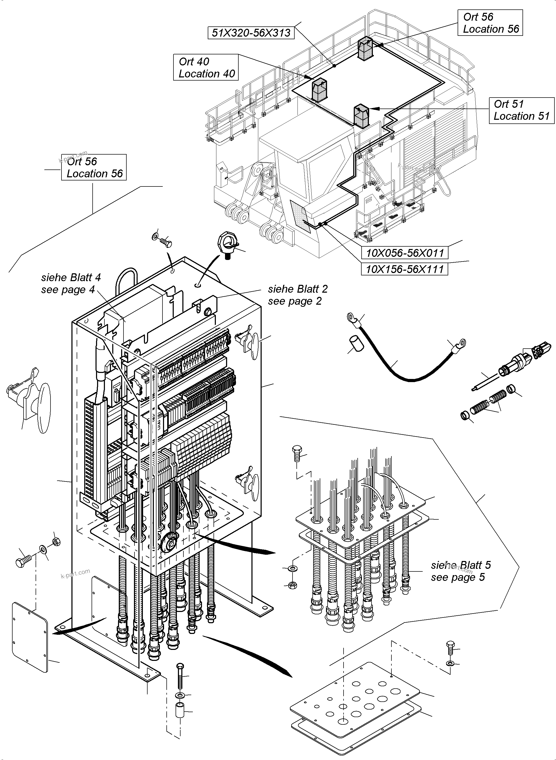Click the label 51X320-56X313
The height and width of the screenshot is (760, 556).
[251, 33]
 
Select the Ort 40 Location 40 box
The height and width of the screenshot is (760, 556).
[206, 67]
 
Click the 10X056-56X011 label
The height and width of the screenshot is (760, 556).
[405, 253]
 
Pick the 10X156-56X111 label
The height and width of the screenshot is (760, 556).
[405, 269]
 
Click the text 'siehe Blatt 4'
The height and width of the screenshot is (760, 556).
[71, 277]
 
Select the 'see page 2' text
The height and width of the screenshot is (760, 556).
[295, 301]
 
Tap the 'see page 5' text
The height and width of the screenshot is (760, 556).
[458, 577]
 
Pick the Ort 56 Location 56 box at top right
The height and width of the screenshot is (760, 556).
[490, 23]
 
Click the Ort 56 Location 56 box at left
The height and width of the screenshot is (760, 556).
[94, 167]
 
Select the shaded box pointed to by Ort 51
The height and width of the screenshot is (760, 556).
[361, 116]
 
